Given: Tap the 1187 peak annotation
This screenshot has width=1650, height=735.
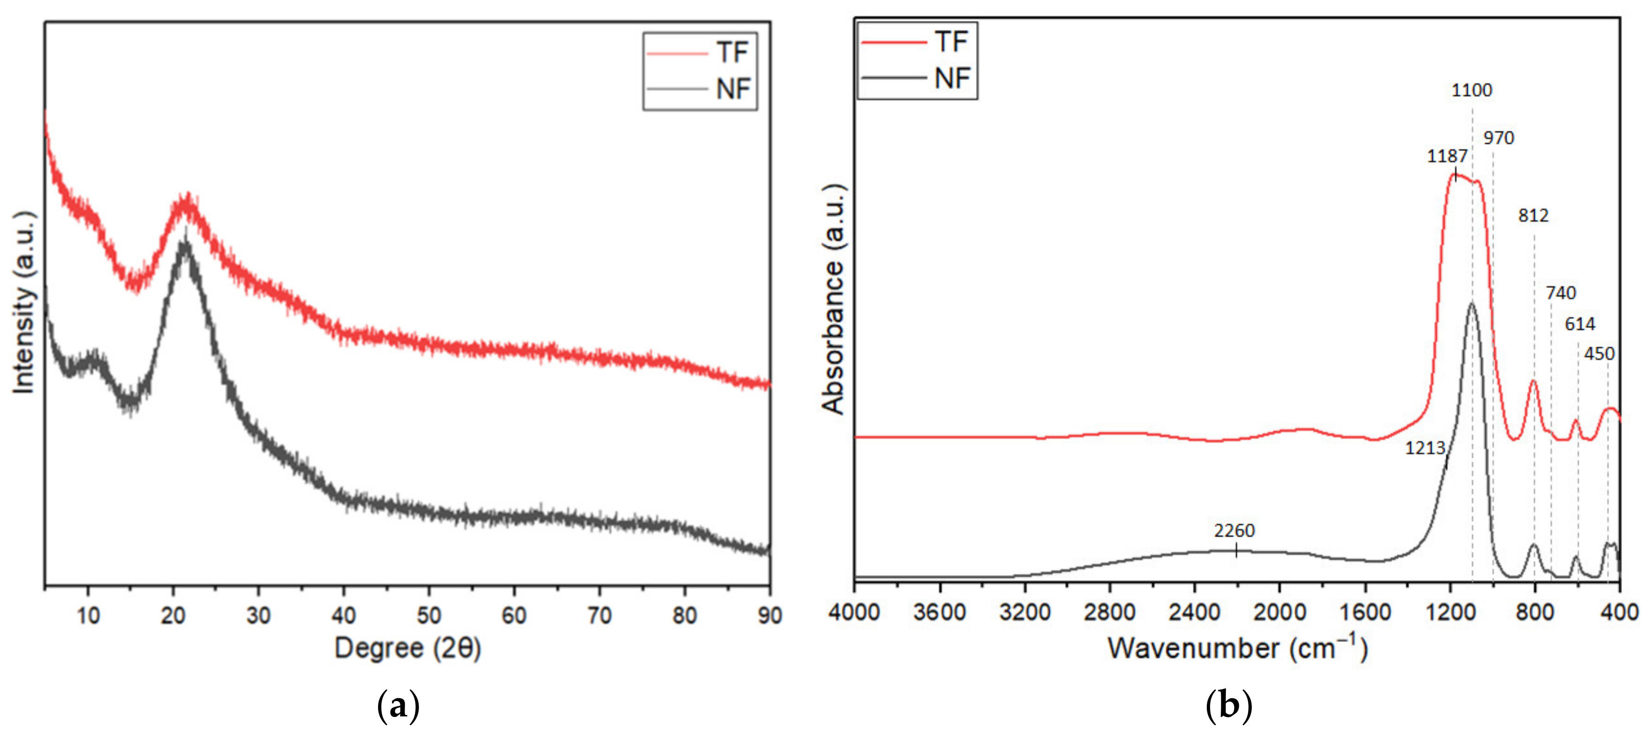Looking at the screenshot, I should pos(1447,156).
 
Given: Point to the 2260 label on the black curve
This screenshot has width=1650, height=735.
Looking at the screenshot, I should pos(1234,531).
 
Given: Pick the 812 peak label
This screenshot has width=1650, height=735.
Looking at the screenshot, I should pos(1533,215).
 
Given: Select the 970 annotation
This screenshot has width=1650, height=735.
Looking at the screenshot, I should pos(1498,138).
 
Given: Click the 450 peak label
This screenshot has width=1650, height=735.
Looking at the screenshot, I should pos(1599,354).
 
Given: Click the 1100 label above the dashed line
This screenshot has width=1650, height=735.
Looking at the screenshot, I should pos(1471,90).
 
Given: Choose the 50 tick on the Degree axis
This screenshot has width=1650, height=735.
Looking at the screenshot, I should pos(428,616).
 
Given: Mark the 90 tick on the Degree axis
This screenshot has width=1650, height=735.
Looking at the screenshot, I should pos(769,616).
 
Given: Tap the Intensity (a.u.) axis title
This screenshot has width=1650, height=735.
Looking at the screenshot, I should pos(24,302).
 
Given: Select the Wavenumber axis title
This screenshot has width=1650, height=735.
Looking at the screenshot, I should pos(1237,648).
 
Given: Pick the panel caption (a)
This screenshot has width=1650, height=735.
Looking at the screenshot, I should pos(399,706).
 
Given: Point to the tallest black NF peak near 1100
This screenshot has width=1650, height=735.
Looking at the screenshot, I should pos(1471,304).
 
